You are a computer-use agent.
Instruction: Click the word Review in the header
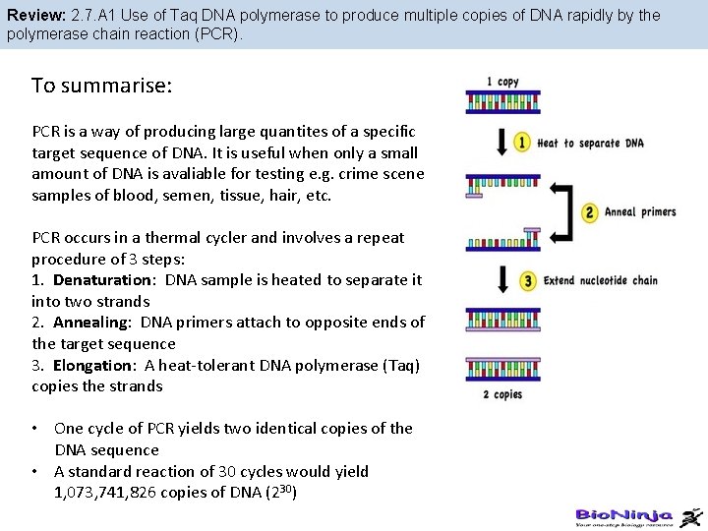coord(33,16)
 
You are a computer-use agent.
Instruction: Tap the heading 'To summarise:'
coord(102,86)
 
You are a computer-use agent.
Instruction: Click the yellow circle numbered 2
coord(590,212)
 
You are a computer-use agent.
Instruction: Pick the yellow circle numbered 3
coord(528,281)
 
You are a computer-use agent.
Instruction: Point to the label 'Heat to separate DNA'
coord(591,144)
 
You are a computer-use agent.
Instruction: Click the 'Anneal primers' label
coord(640,212)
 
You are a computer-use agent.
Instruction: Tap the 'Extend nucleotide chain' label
coord(601,281)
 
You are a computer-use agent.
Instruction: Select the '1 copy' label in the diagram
coord(502,82)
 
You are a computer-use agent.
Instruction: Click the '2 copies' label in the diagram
coord(502,394)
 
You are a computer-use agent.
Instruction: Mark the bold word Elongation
coord(94,366)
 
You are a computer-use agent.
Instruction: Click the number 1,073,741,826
coord(112,493)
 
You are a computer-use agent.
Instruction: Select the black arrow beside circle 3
coord(501,280)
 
